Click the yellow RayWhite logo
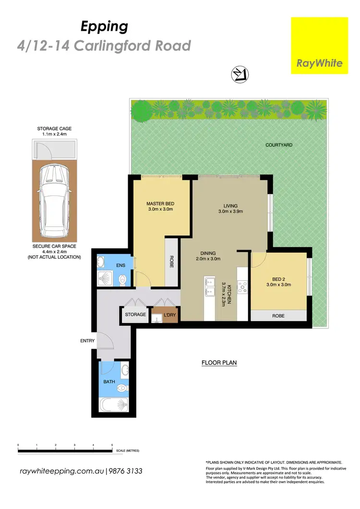click(320, 46)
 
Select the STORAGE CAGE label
click(54, 129)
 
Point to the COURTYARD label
click(279, 145)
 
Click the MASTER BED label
click(159, 204)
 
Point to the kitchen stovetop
click(243, 287)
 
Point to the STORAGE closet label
click(135, 315)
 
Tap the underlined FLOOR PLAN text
click(219, 363)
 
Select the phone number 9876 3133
click(126, 471)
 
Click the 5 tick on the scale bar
click(112, 446)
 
